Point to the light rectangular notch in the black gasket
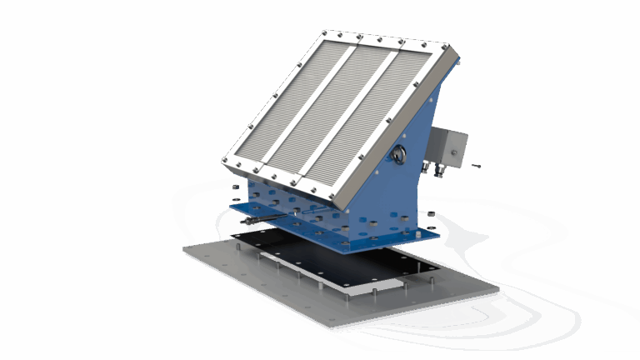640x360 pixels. point(392,282)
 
